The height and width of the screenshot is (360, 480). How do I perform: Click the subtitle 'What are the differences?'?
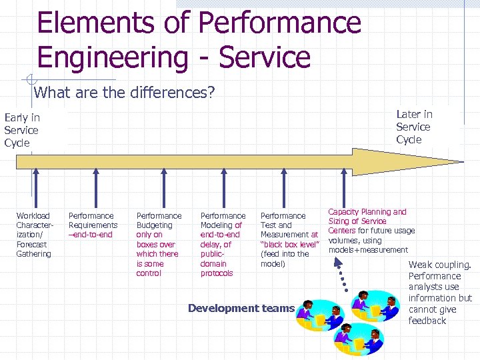pyautogui.click(x=124, y=92)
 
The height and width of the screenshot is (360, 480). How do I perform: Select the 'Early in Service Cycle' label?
pyautogui.click(x=22, y=130)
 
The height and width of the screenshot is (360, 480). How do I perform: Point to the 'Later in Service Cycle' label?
pyautogui.click(x=414, y=127)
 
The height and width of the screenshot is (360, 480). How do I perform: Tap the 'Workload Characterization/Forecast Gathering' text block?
pyautogui.click(x=33, y=235)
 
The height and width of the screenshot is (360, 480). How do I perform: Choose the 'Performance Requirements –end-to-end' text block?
pyautogui.click(x=93, y=225)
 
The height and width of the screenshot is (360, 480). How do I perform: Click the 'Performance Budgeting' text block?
pyautogui.click(x=159, y=244)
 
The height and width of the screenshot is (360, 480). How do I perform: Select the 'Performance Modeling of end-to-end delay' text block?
pyautogui.click(x=223, y=244)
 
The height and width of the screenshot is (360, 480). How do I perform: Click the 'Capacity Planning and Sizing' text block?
pyautogui.click(x=371, y=231)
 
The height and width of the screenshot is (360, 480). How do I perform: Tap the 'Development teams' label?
pyautogui.click(x=241, y=308)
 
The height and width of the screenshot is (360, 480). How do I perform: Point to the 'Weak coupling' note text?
pyautogui.click(x=439, y=293)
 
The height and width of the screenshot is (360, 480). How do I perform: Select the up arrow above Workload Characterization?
pyautogui.click(x=35, y=190)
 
